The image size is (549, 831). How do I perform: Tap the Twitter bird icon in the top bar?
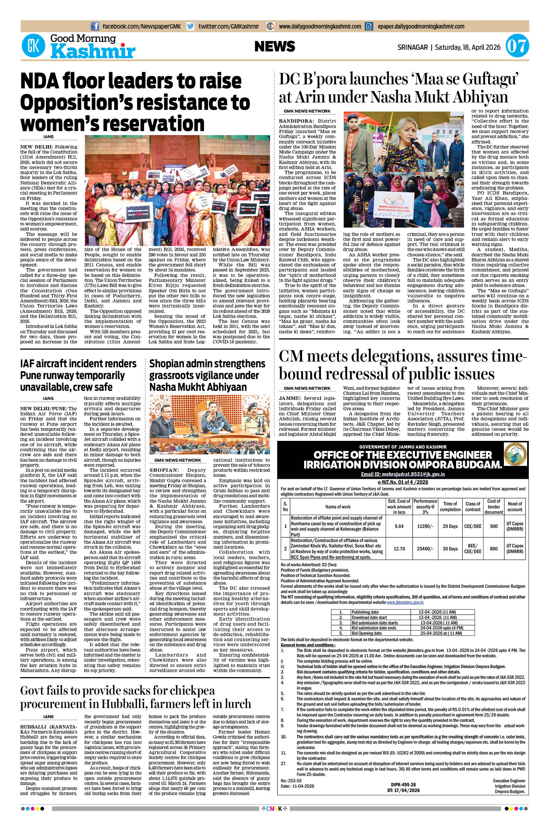click(190, 26)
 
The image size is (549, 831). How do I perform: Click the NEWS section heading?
click(274, 46)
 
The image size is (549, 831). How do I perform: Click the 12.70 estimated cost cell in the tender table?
click(399, 548)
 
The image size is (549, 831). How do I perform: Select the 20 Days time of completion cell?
click(450, 526)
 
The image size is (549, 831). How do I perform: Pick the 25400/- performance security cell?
click(426, 548)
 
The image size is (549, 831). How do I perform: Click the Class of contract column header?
click(473, 506)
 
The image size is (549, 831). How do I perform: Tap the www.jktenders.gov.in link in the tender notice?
click(405, 602)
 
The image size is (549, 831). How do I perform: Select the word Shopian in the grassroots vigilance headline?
click(166, 364)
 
